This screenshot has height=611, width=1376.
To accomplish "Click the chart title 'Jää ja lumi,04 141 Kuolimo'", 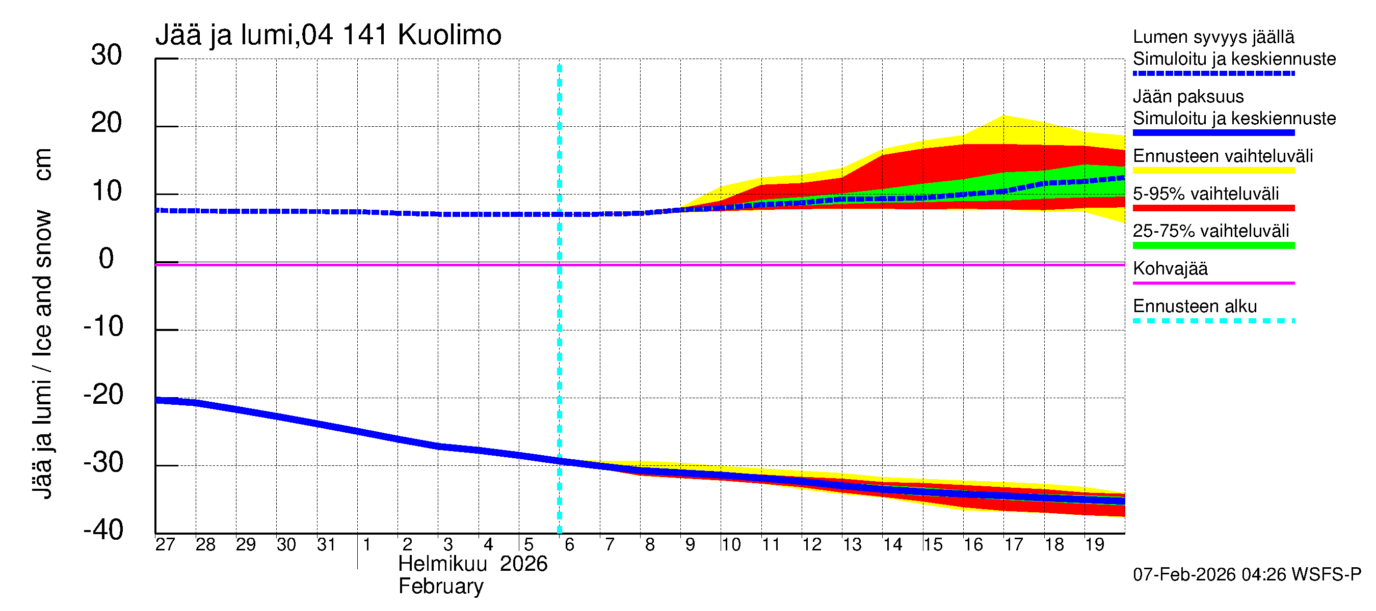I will (328, 35).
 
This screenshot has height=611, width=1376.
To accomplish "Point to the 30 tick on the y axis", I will (107, 55).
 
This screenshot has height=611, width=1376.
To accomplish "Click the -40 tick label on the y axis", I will (103, 531).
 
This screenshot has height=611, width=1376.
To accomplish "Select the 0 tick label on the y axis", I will (107, 259).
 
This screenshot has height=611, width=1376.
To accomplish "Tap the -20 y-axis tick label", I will (103, 395).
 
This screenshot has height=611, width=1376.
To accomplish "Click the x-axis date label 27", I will (165, 545).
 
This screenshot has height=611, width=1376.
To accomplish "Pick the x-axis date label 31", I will (326, 545).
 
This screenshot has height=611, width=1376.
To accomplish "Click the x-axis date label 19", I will (1095, 545).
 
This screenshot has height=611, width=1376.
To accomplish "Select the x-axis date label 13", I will (852, 545).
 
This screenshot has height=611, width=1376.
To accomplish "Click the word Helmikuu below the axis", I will (442, 564).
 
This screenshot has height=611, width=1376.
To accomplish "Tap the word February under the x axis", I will (441, 587).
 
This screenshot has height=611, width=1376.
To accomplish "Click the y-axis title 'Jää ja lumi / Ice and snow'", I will (43, 352).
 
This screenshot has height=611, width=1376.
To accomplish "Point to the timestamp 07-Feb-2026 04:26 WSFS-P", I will (1247, 575).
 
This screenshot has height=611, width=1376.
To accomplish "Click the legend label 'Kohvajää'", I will (1170, 269).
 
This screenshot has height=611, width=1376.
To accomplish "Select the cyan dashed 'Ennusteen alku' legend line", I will (1213, 321).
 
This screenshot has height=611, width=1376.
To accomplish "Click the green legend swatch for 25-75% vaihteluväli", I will (1213, 246).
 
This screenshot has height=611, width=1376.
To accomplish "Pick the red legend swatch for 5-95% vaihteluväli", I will (1213, 208).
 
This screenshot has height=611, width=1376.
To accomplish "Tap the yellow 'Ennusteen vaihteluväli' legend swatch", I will (1213, 171).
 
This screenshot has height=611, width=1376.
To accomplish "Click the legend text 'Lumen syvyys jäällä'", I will (1213, 37).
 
